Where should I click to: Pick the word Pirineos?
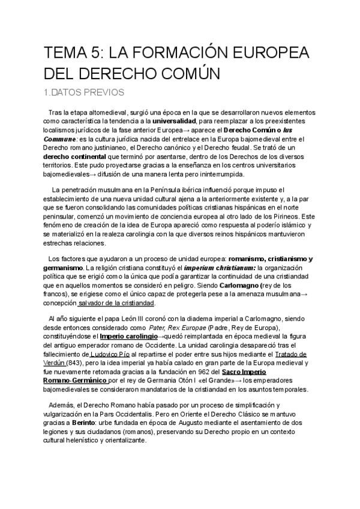(282, 215)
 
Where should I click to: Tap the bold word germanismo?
(62, 267)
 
